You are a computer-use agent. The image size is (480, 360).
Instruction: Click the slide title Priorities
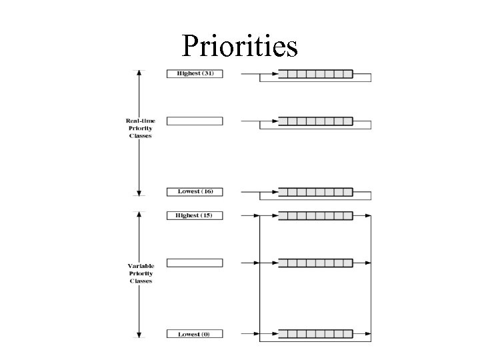tap(239, 47)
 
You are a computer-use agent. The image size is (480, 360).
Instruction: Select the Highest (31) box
tap(194, 73)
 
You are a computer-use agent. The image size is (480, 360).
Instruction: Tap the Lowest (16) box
tap(194, 191)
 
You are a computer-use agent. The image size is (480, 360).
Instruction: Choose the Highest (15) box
tap(194, 215)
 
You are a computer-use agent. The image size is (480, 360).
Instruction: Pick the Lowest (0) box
tap(194, 334)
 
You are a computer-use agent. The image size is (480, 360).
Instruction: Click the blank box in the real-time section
tap(194, 121)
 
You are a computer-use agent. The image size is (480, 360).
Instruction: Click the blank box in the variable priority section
tap(194, 263)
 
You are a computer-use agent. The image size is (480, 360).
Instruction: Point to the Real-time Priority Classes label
tap(140, 128)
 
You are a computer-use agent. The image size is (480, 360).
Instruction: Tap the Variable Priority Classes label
tap(140, 273)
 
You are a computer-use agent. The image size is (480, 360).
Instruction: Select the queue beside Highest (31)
tap(315, 73)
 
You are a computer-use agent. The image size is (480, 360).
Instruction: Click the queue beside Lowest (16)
tap(315, 192)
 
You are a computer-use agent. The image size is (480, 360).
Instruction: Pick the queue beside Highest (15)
tap(315, 215)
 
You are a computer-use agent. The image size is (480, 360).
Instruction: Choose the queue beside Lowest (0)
tap(315, 333)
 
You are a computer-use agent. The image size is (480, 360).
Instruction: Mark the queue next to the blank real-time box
tap(315, 121)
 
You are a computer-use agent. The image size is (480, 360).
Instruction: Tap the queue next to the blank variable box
tap(315, 263)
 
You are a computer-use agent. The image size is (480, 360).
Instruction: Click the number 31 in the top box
tap(207, 73)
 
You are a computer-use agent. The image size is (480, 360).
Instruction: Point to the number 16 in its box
tap(207, 191)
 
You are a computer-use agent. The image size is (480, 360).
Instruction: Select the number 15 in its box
tap(206, 215)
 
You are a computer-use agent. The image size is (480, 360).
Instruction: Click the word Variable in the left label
tap(140, 266)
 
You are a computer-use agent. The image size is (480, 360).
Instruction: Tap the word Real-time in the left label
tap(140, 121)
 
